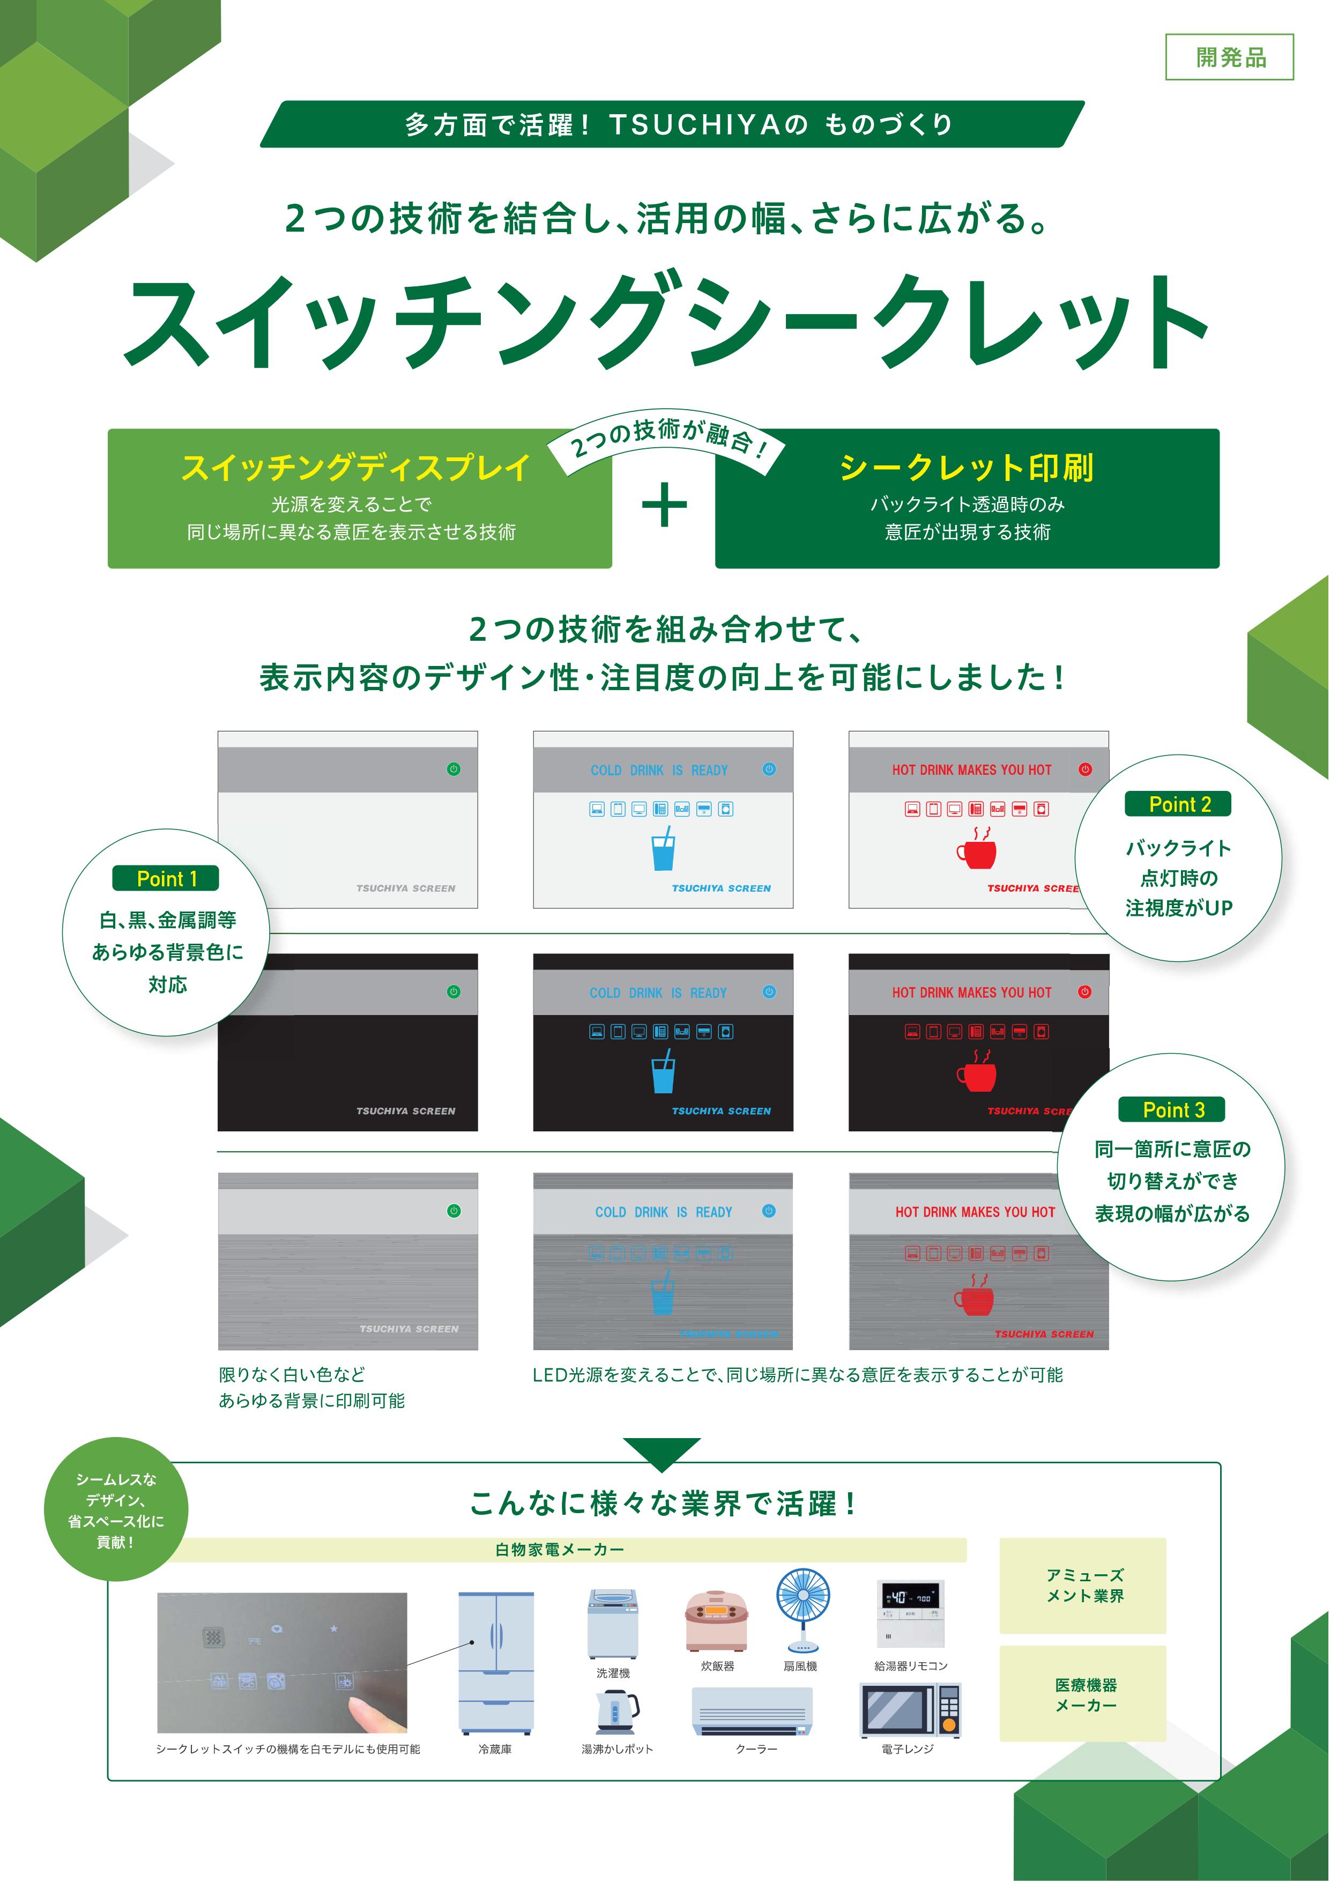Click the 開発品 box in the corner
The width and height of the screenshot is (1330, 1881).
coord(1229,57)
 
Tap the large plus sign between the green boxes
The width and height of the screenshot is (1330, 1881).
coord(664,506)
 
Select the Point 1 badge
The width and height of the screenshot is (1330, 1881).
coord(166,878)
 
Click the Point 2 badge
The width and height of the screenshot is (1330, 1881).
coord(1178,804)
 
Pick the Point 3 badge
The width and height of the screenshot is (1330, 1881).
coord(1173,1110)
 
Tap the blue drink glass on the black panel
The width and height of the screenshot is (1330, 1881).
coord(663,1071)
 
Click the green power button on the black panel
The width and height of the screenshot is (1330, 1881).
coord(454,992)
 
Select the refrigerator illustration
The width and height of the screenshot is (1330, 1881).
coord(495,1664)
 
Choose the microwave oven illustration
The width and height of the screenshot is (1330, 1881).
coord(910,1710)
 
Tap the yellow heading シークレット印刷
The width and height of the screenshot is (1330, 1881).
coord(967,467)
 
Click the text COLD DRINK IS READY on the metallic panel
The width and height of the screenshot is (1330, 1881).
coord(663,1212)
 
